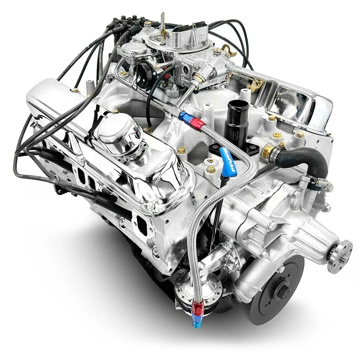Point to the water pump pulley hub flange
point(340,256)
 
